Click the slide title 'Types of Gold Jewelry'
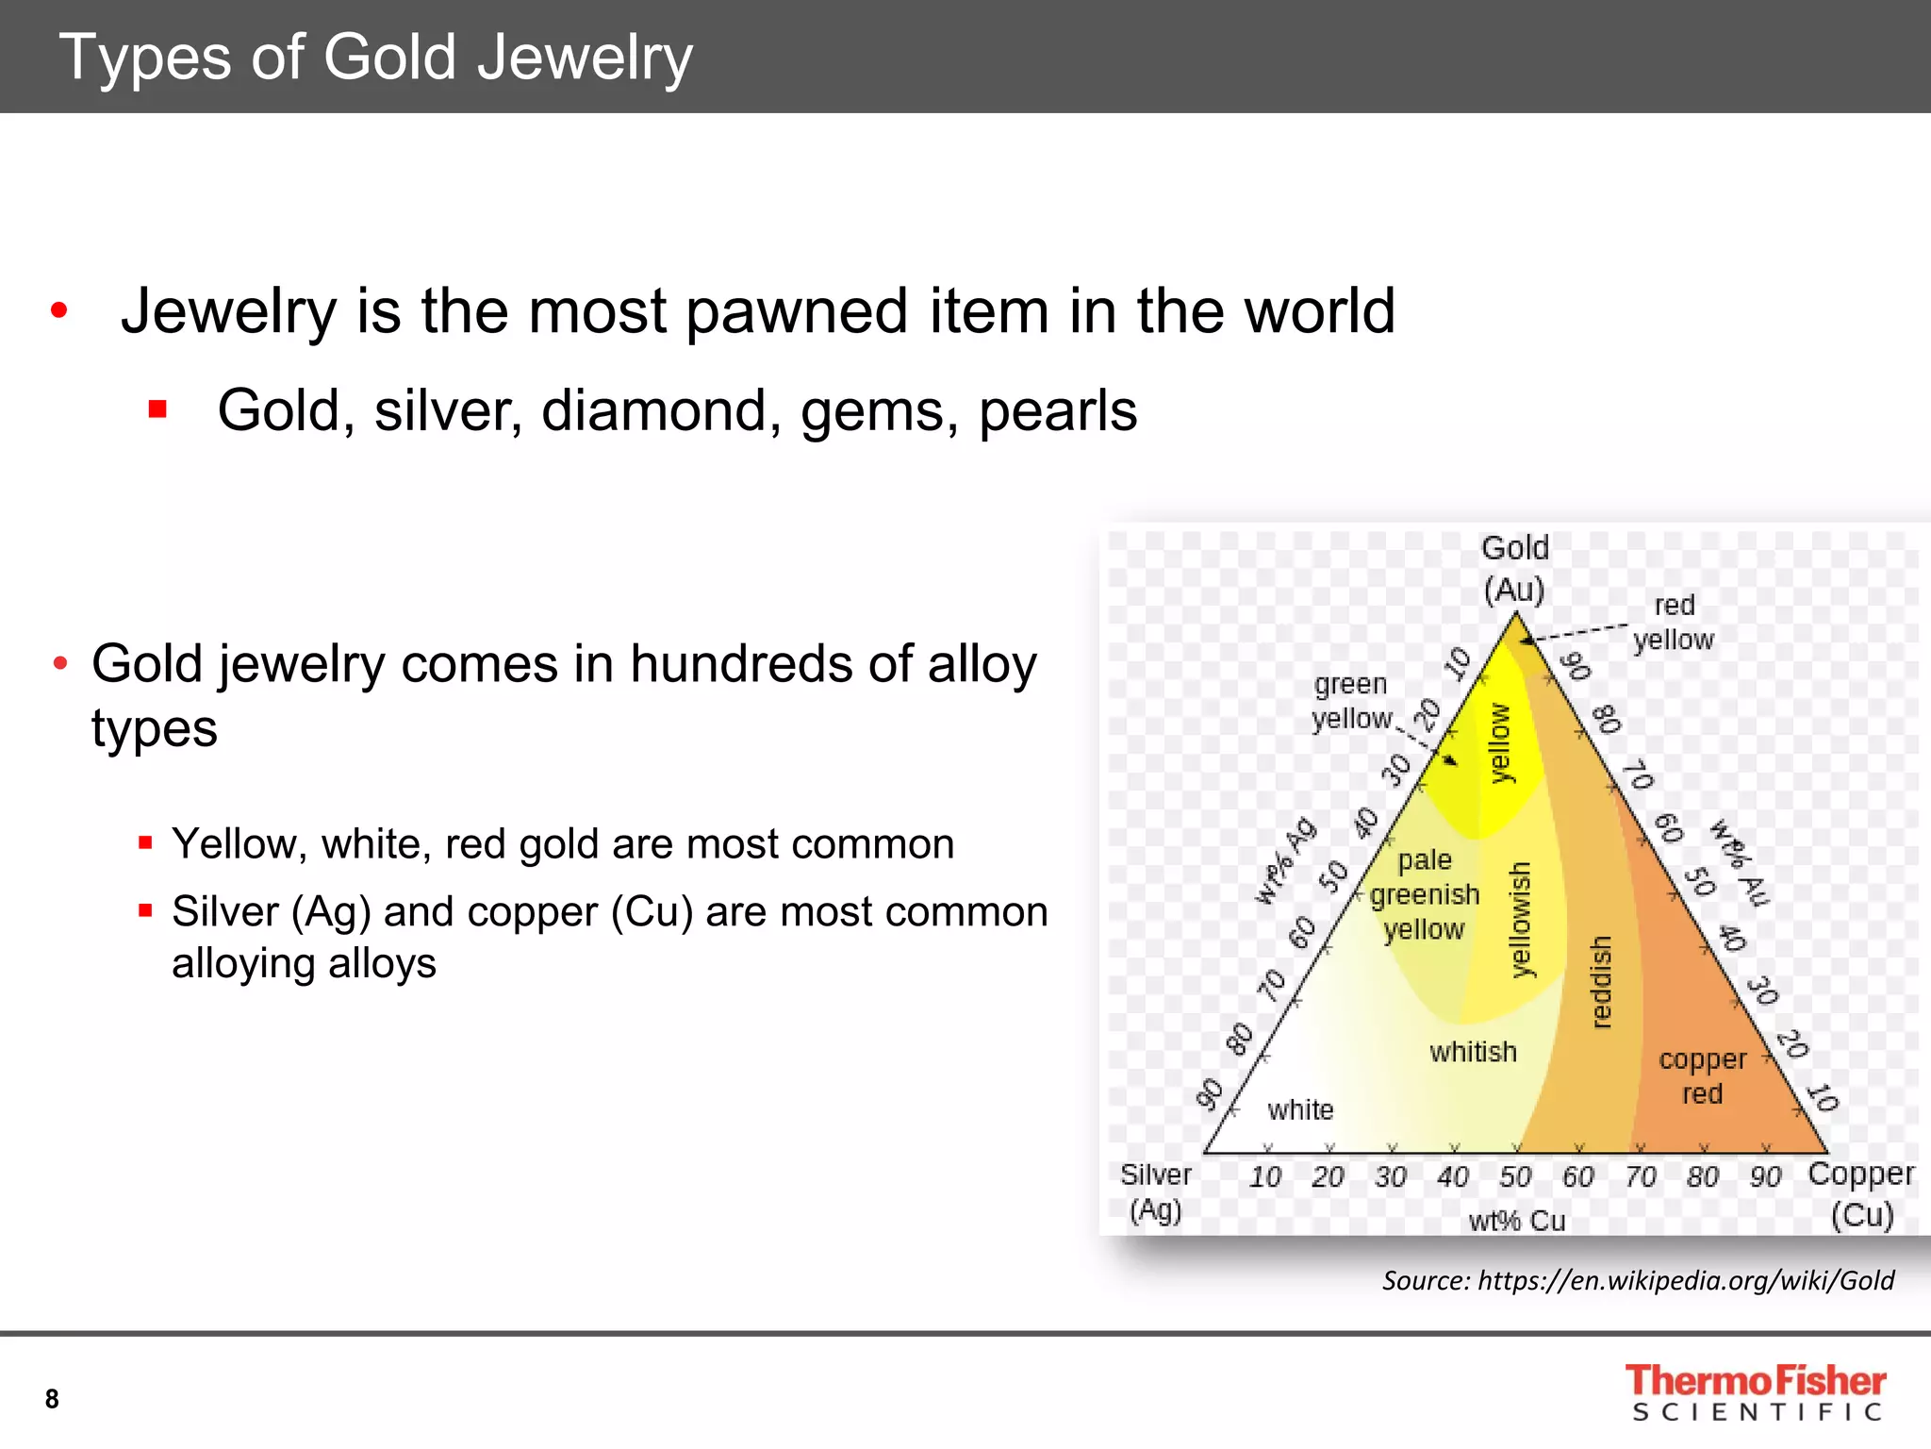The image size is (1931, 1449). (375, 58)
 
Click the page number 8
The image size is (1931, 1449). (52, 1398)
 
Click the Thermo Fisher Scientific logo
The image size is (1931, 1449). (1755, 1391)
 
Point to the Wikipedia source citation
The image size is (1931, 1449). (1638, 1280)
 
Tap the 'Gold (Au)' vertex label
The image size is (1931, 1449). (1514, 568)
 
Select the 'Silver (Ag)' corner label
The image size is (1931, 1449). (1155, 1191)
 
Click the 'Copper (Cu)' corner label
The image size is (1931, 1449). (1861, 1193)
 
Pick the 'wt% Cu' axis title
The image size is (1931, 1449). (1516, 1221)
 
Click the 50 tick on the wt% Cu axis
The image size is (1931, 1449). (1515, 1176)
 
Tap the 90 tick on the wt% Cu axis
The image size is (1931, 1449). (1765, 1176)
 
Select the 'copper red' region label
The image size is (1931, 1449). (1702, 1076)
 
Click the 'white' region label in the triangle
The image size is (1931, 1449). (1300, 1109)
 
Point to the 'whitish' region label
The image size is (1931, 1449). (1473, 1051)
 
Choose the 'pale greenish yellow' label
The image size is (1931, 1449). (1425, 894)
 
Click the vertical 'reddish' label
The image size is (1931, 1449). (1601, 981)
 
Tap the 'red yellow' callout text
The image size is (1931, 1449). (1674, 623)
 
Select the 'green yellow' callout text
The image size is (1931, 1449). (1351, 701)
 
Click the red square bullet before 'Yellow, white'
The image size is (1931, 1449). (145, 842)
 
